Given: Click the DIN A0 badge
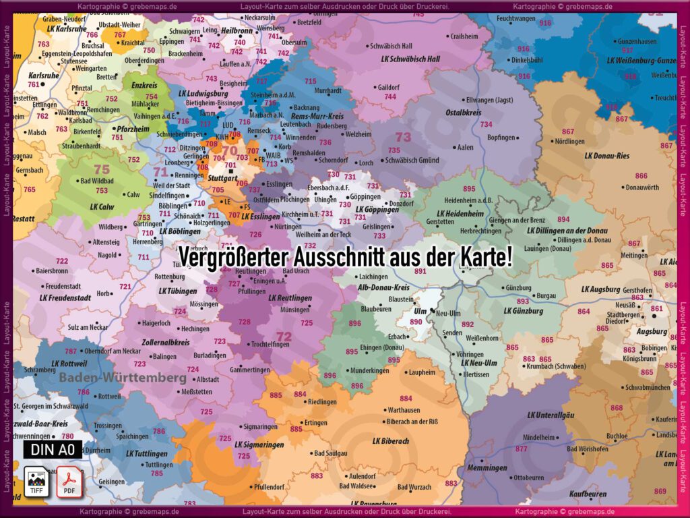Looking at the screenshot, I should (x=53, y=449).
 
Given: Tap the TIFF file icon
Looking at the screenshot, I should (x=37, y=480).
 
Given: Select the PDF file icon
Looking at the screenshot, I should (x=69, y=480).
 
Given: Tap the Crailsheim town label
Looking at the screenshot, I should (x=464, y=36).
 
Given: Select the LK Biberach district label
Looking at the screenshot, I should (x=390, y=441).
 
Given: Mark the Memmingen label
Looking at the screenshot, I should (x=487, y=467).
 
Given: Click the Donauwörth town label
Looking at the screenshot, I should (x=642, y=187).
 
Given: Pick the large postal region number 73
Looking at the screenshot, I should (x=403, y=137).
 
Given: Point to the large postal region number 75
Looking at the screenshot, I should (x=101, y=169).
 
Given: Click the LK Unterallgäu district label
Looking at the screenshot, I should (x=551, y=415).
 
